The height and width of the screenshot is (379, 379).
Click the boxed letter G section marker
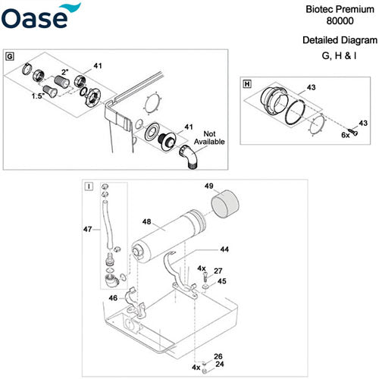click(x=9, y=57)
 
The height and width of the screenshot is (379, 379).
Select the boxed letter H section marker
click(x=246, y=83)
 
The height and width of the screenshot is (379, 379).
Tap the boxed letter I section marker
click(x=90, y=186)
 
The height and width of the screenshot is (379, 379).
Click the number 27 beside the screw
click(x=218, y=271)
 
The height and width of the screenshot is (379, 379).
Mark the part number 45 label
click(x=221, y=282)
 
